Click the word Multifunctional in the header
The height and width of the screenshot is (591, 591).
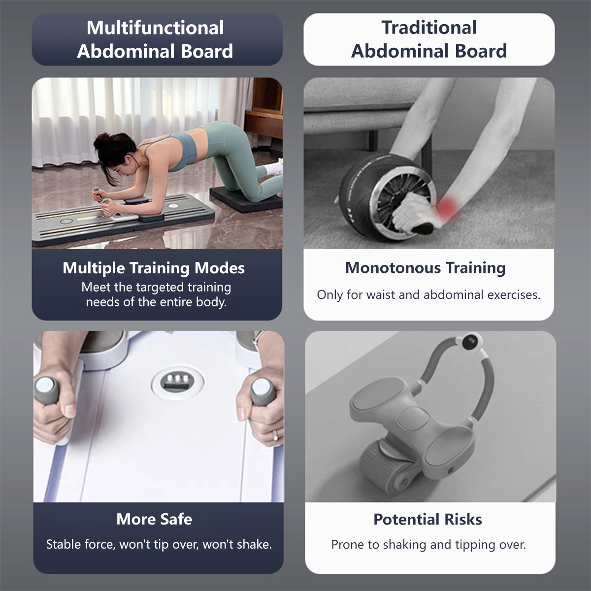pos(155,28)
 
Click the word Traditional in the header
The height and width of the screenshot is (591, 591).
pos(429,28)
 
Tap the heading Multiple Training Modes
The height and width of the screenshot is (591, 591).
pos(154,268)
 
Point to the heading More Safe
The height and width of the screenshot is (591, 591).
pos(154,519)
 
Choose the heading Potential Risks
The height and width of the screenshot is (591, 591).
pos(427,519)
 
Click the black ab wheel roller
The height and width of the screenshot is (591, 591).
pos(374,197)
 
